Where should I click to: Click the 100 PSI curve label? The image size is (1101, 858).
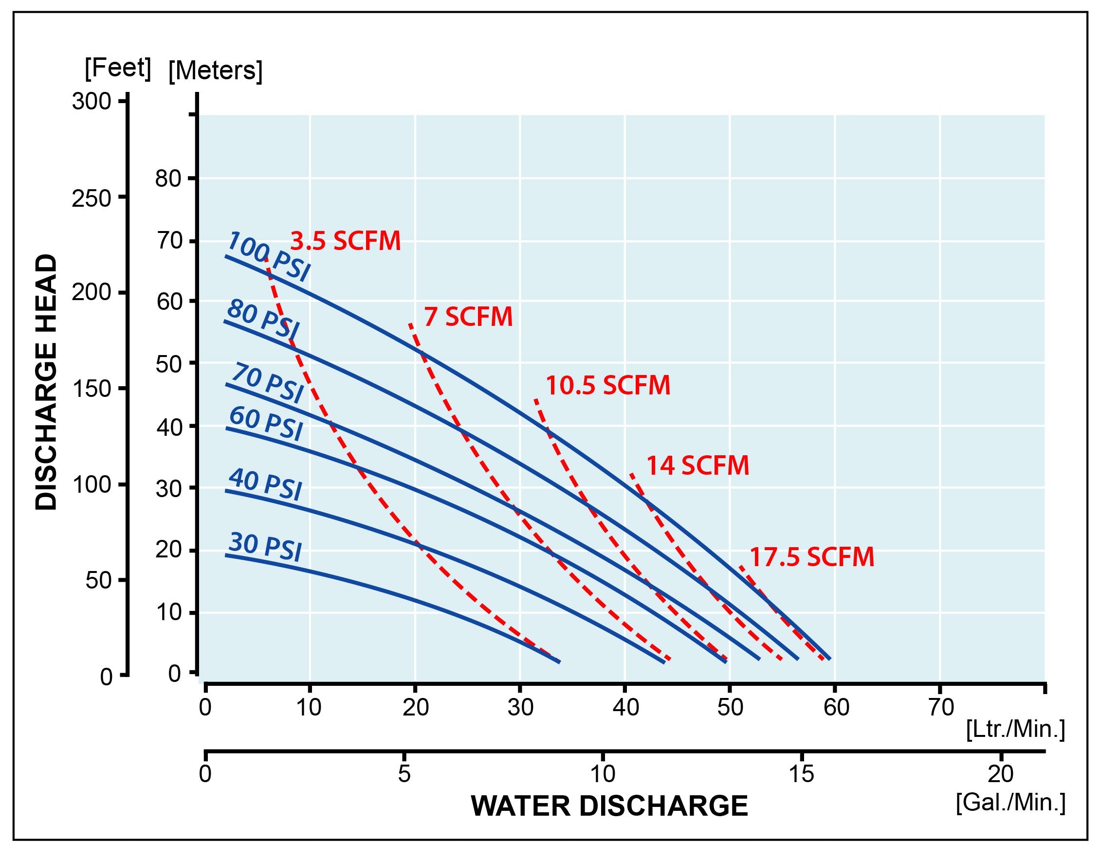tap(268, 257)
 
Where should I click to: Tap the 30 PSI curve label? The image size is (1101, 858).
tap(265, 547)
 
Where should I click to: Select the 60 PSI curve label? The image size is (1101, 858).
tap(266, 423)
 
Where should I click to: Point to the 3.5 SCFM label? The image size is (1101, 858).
tap(346, 241)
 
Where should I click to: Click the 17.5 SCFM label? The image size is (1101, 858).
tap(812, 557)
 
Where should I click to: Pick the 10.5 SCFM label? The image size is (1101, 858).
tap(608, 385)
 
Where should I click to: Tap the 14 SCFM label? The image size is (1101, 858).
tap(697, 465)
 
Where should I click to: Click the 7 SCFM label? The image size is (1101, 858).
tap(468, 317)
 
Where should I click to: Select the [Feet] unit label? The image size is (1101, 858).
tap(117, 68)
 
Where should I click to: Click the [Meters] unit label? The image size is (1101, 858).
tap(215, 71)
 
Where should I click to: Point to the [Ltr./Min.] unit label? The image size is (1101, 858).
tap(1015, 729)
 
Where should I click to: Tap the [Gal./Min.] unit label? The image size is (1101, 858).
tap(1011, 802)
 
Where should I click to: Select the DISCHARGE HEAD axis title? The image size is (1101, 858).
tap(46, 382)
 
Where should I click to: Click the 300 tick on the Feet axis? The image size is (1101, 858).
tap(91, 102)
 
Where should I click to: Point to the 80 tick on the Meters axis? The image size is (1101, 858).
tap(168, 179)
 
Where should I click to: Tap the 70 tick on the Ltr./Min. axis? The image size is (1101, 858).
tap(941, 707)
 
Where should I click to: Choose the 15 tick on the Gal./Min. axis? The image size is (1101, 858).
tap(801, 774)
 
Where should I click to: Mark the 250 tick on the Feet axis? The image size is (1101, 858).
tap(91, 199)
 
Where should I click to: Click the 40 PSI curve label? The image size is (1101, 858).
tap(265, 484)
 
